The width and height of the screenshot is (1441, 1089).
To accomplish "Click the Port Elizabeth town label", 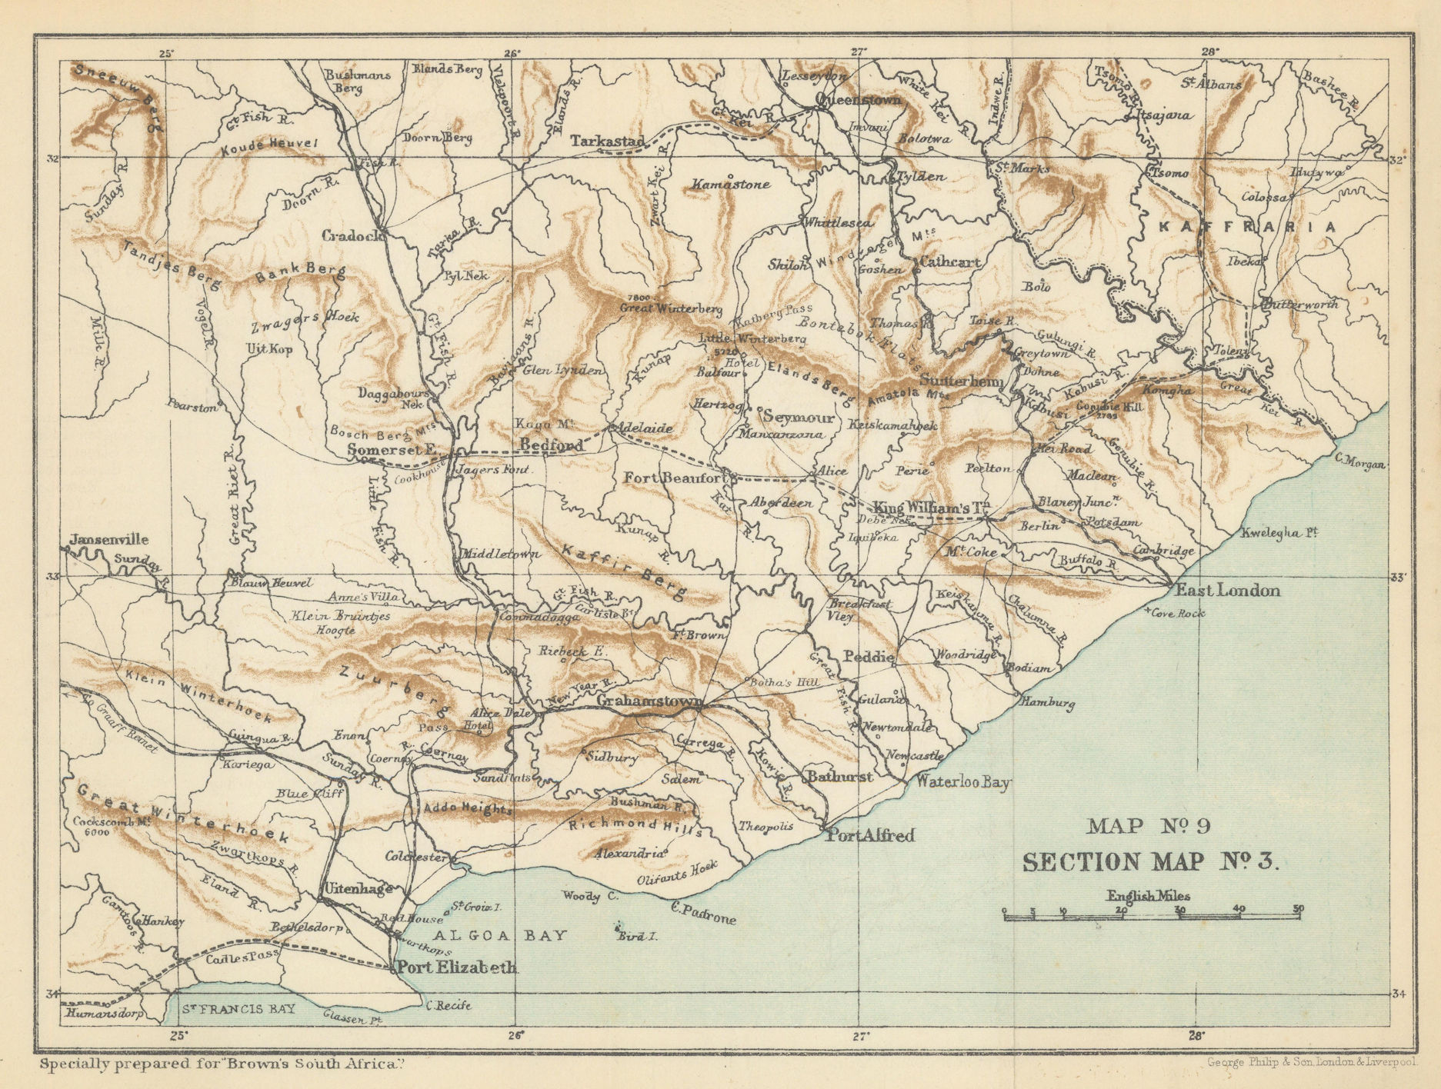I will tap(455, 968).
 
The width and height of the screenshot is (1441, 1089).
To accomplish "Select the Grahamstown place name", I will tap(649, 702).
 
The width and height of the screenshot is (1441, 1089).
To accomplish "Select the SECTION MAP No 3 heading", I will tap(1149, 862).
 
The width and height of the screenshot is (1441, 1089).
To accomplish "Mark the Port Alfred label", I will tap(869, 835).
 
